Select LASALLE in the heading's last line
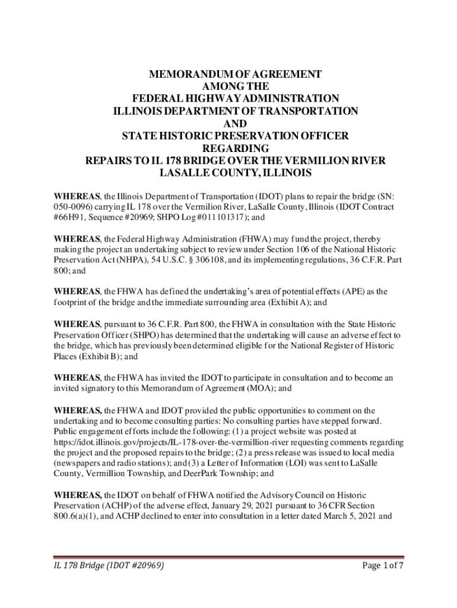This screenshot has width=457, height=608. tap(186, 173)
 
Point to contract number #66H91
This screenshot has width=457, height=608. tap(71, 217)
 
